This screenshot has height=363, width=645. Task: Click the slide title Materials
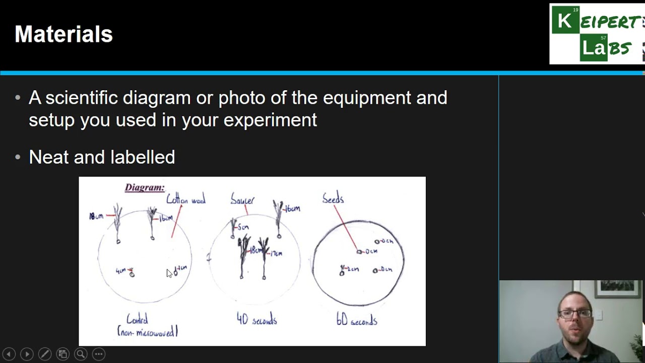63,34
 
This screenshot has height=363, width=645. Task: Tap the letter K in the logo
565,21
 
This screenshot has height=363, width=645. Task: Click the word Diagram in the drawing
145,188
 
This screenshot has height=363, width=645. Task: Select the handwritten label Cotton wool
186,200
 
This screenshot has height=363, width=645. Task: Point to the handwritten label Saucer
242,200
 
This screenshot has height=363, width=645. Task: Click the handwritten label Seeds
333,199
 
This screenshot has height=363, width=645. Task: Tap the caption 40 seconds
256,320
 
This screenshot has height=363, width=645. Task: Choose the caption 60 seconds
357,320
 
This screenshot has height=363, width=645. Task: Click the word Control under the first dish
137,319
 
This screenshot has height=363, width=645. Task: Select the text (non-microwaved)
147,332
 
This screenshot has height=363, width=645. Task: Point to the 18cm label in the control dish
96,216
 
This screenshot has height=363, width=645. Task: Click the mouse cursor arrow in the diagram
169,273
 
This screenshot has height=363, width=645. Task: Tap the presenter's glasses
575,314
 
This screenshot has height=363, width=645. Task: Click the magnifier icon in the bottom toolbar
81,354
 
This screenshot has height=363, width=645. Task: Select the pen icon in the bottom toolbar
44,354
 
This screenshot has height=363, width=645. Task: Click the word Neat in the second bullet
49,157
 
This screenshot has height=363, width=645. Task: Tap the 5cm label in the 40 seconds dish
243,227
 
